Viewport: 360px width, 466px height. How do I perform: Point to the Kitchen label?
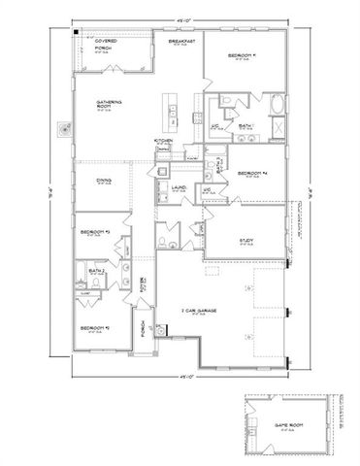[x=163, y=141]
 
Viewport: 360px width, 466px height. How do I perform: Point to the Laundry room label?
[x=180, y=187]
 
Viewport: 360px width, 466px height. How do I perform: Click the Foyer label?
[x=143, y=286]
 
